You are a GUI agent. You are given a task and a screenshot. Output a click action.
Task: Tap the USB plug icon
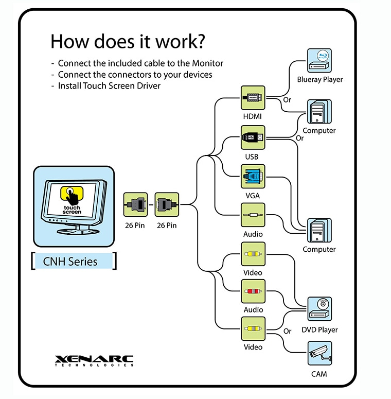[x=253, y=137]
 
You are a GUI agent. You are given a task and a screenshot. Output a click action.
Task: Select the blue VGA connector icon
[x=253, y=177]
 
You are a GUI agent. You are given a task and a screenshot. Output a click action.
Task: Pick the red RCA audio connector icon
[x=253, y=291]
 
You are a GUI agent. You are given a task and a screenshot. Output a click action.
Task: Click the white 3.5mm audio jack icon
[x=253, y=215]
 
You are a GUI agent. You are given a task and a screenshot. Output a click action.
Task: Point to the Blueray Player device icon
[x=319, y=61]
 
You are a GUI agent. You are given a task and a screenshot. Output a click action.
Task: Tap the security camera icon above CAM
[x=319, y=353]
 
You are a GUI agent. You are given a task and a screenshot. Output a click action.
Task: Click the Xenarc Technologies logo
[x=94, y=360]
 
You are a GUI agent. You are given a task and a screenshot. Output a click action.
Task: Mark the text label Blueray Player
[x=319, y=79]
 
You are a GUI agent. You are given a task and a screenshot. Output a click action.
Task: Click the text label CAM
[x=319, y=374]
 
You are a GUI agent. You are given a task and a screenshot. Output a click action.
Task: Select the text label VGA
[x=253, y=196]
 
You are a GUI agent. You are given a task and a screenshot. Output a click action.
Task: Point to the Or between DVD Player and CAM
[x=288, y=331]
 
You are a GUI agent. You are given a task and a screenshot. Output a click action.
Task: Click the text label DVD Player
[x=319, y=329]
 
